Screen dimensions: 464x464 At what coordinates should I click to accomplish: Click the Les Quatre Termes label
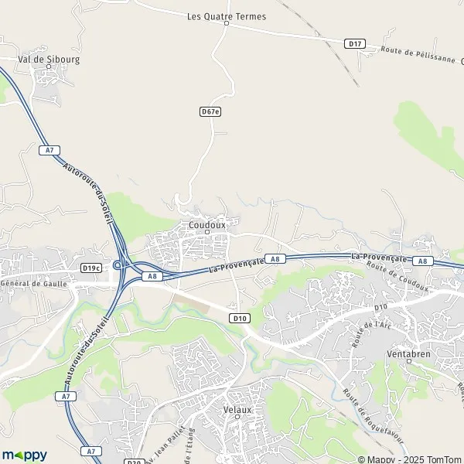227,15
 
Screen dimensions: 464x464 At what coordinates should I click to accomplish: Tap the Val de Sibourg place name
49,58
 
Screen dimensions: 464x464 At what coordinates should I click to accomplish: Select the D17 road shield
355,43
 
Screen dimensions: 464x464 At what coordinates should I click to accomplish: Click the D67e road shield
210,111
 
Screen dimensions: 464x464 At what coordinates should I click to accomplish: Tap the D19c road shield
91,268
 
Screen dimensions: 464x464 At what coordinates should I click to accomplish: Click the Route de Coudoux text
397,277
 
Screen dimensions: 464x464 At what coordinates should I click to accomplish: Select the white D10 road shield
239,318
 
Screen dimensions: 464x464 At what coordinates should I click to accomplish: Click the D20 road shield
133,462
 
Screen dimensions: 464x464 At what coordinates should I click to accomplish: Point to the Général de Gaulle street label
34,284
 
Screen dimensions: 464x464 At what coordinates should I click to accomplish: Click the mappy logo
24,455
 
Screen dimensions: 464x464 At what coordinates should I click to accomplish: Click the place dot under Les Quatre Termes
227,23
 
